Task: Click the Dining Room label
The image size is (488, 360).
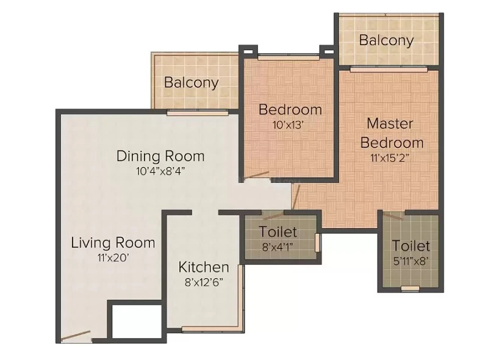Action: pos(160,156)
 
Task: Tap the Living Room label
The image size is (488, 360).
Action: pos(113,243)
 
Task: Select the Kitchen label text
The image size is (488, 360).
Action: pos(204,267)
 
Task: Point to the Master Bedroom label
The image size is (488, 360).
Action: pos(392,133)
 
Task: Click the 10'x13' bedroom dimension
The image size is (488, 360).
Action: pos(288,125)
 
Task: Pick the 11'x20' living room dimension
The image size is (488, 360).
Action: pos(113,258)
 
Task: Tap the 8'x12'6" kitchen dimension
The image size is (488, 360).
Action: pos(204,283)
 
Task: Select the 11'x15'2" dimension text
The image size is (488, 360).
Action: pos(390,158)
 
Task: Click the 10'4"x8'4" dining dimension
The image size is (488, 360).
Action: pos(160,171)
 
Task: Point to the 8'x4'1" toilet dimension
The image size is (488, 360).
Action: pos(278,247)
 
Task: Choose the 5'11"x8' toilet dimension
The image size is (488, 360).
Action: pos(411,261)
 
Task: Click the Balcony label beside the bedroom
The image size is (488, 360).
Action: pos(191,82)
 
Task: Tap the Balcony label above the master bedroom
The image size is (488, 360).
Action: pos(386,40)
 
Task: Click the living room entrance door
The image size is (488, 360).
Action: pos(76,336)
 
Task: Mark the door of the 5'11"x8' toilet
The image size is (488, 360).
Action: pos(393,216)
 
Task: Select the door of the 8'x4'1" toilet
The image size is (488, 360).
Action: pos(273,215)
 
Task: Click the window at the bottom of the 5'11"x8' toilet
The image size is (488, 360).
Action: pos(410,289)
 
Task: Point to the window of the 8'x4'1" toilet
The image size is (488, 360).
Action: pos(317,243)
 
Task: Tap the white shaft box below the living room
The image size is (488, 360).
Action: pos(136,321)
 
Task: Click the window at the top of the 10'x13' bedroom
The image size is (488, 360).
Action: pos(289,57)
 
